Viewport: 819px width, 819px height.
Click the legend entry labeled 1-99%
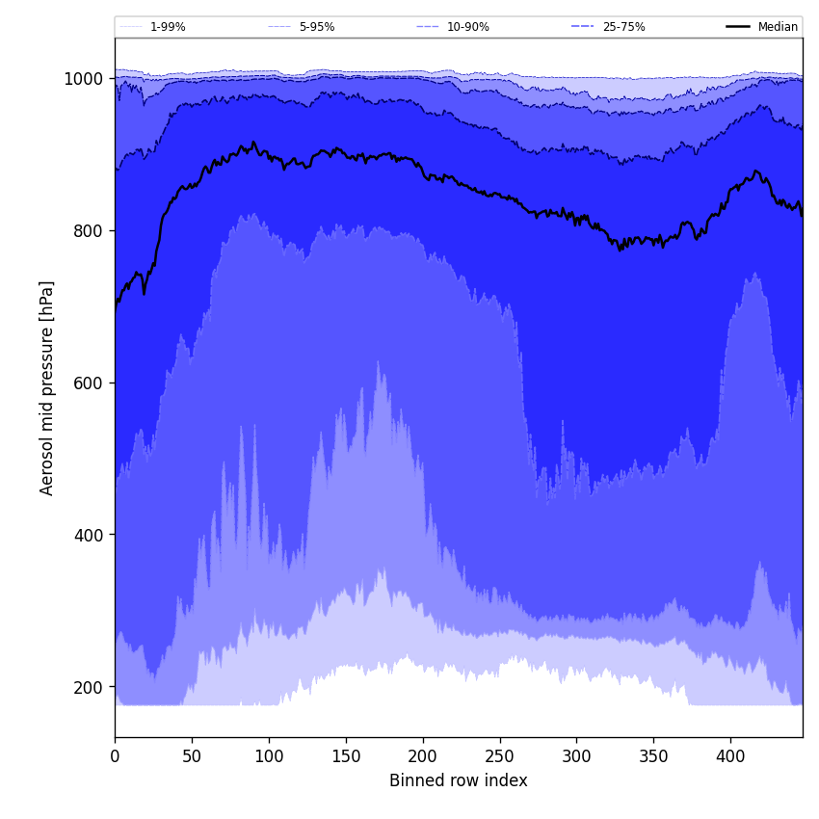[x=167, y=27]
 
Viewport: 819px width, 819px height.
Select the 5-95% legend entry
[x=316, y=27]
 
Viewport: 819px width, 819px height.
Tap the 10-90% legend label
[x=467, y=27]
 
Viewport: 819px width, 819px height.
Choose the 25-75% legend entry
[x=623, y=27]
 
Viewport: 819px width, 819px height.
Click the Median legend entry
[x=778, y=27]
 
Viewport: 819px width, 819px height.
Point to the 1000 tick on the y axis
[x=84, y=79]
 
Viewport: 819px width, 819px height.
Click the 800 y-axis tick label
[x=88, y=231]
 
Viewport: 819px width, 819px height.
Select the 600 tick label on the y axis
[x=88, y=383]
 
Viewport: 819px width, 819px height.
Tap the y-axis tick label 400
[x=88, y=535]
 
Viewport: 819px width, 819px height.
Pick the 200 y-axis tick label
[x=88, y=687]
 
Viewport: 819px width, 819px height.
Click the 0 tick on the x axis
[x=115, y=757]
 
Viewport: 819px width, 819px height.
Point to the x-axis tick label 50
[x=192, y=757]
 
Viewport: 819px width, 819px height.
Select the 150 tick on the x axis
[x=346, y=757]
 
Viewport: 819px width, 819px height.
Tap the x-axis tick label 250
[x=499, y=757]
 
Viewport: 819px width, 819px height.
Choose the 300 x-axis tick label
[x=576, y=757]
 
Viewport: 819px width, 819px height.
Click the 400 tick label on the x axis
[x=730, y=757]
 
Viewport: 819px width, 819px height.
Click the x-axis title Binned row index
[x=459, y=781]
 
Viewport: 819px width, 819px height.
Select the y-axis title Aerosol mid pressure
[x=47, y=387]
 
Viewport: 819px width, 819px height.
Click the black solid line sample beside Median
[x=739, y=27]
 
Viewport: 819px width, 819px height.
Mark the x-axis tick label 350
[x=653, y=757]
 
